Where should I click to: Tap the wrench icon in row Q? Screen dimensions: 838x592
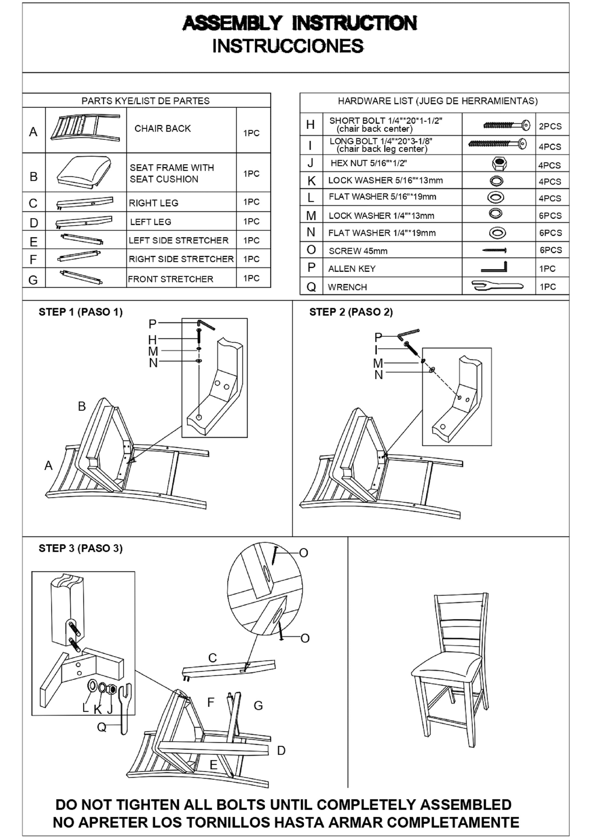pos(497,285)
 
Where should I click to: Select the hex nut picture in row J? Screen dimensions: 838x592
pos(499,163)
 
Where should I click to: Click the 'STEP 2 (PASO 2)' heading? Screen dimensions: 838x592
pos(351,312)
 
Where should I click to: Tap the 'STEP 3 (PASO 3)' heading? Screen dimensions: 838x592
pos(81,548)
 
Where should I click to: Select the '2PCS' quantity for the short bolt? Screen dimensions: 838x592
pos(550,126)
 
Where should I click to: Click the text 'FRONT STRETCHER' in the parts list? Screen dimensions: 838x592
pos(170,279)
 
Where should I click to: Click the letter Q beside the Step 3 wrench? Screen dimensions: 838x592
pos(102,728)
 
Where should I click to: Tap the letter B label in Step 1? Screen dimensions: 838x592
pos(82,406)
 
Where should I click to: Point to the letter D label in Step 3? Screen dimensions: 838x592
pos(281,750)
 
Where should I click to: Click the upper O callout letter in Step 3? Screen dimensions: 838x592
pos(303,553)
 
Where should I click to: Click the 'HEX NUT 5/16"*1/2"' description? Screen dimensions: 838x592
pos(369,163)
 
